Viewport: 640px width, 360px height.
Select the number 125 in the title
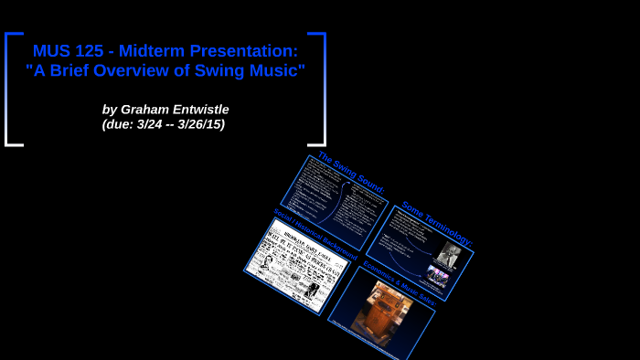(x=91, y=50)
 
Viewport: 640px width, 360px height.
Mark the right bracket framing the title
(x=321, y=89)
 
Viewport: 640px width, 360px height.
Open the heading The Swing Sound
(x=351, y=171)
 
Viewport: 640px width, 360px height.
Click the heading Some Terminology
(x=436, y=222)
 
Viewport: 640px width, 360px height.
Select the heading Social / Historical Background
(x=315, y=233)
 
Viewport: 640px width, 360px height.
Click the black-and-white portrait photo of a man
(x=447, y=255)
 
